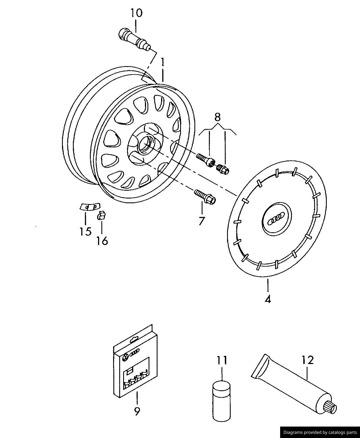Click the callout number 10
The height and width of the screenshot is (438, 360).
[136, 13]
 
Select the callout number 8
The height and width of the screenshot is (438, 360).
[218, 117]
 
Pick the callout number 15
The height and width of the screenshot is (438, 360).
[85, 231]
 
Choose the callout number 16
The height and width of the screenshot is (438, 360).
[102, 241]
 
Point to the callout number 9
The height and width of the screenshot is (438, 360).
[137, 411]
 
